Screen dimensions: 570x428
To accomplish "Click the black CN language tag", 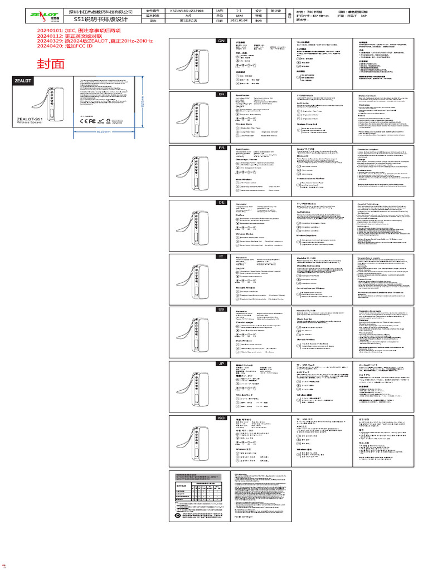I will pos(221,41).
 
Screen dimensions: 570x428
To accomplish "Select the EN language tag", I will pos(221,94).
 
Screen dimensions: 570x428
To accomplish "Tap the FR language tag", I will pos(221,148).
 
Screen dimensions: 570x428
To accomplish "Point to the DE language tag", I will pos(221,202).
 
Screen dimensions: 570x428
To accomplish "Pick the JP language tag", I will pos(221,363).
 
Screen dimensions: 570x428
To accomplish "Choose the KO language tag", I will pos(221,417).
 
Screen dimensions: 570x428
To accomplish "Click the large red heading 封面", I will pos(51,63).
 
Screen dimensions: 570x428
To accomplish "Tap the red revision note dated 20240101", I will pos(79,30).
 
